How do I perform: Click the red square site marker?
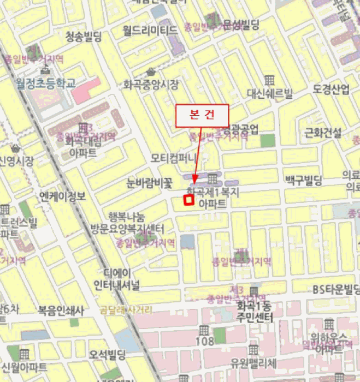tap(188, 200)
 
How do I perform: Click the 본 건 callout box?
tap(201, 115)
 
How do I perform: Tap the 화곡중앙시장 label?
tap(151, 85)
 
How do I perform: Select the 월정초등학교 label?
tap(46, 83)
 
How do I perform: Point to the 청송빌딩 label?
tap(84, 37)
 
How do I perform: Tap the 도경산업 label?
tap(331, 89)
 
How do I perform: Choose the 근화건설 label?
tap(323, 132)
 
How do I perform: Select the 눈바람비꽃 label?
tap(149, 183)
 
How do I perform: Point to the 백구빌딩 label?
tap(304, 179)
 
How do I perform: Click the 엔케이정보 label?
tap(63, 196)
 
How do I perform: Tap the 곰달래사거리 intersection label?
tap(126, 309)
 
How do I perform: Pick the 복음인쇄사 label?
tap(61, 311)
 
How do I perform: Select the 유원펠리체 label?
tap(254, 362)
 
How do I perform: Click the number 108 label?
tap(204, 342)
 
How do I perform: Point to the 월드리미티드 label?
tap(150, 29)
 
